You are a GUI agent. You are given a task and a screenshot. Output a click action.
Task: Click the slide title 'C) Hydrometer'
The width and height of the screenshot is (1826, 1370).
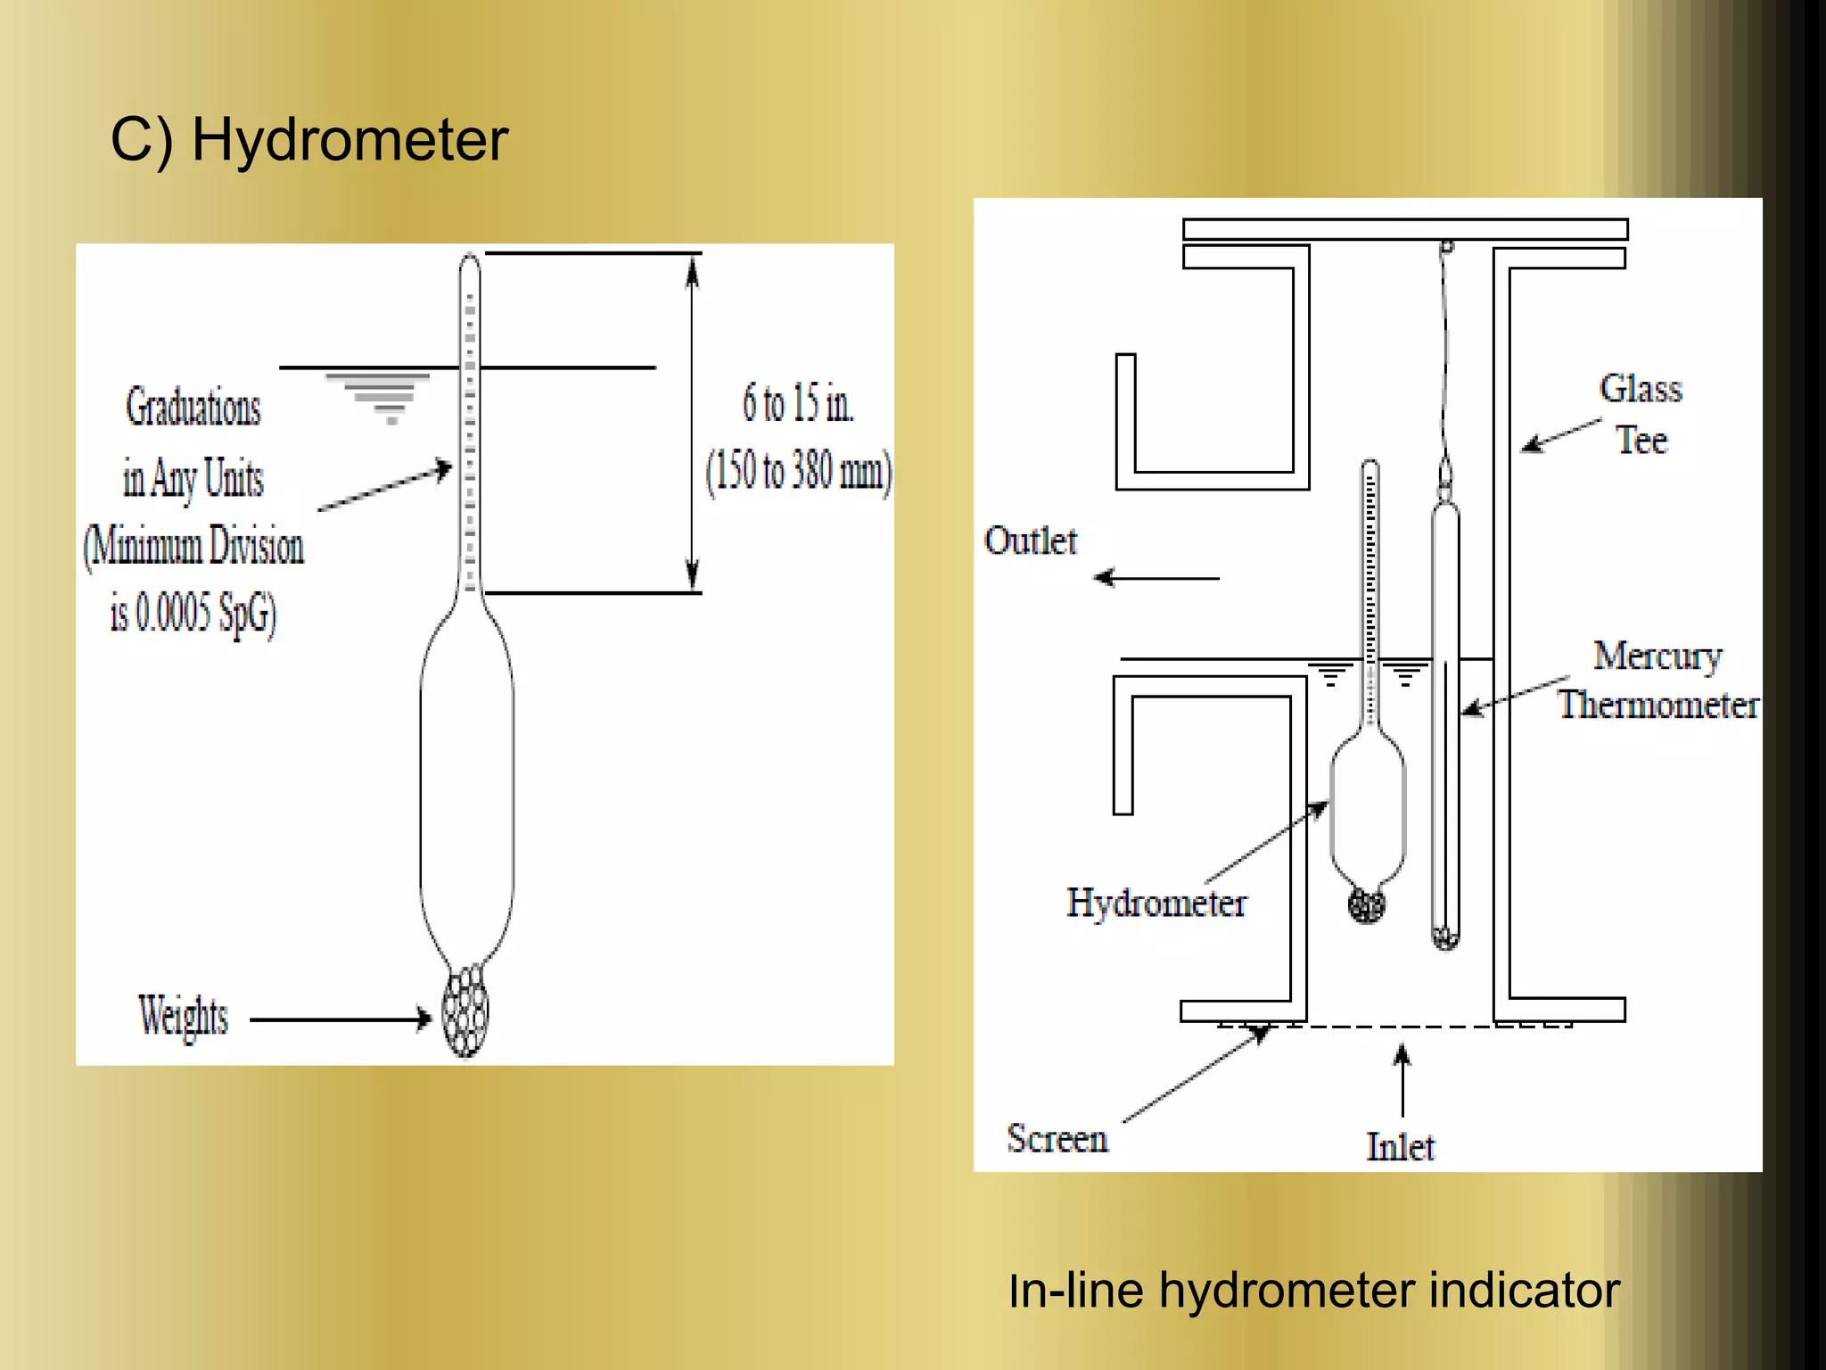click(x=308, y=140)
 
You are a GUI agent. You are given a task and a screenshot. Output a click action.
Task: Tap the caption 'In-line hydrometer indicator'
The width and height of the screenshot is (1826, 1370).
click(x=1313, y=1291)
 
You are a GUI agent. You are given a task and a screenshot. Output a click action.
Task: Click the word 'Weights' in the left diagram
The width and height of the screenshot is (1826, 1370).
click(x=184, y=1016)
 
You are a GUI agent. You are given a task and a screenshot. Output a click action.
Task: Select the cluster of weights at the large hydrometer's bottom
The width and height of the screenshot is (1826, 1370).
click(x=466, y=1012)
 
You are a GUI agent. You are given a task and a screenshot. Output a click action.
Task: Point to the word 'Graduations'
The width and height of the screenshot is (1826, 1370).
click(x=193, y=408)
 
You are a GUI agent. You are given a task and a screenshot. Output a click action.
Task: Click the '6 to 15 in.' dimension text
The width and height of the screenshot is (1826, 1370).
click(x=798, y=403)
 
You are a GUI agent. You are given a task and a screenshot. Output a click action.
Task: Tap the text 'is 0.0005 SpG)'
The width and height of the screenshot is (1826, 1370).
click(x=193, y=614)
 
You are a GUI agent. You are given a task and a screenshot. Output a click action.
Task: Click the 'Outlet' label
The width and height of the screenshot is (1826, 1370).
click(x=1031, y=541)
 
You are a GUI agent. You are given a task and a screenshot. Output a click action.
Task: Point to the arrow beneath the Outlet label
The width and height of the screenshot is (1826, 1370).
click(x=1156, y=578)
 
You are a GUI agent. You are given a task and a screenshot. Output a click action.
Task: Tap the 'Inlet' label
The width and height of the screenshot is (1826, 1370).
click(x=1401, y=1147)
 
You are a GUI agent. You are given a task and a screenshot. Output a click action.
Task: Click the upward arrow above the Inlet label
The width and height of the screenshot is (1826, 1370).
click(x=1402, y=1080)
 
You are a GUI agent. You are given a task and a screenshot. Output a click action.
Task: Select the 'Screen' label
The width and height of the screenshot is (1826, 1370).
click(x=1057, y=1139)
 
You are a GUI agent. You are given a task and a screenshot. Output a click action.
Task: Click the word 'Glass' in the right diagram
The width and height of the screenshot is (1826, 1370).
click(x=1641, y=389)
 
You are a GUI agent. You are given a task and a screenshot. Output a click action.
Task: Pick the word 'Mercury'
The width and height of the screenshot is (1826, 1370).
click(x=1657, y=656)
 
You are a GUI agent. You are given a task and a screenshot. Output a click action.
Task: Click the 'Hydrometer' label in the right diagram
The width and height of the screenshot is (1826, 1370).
click(x=1156, y=903)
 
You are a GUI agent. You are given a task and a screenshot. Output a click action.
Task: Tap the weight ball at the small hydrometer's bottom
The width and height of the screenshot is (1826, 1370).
click(x=1367, y=905)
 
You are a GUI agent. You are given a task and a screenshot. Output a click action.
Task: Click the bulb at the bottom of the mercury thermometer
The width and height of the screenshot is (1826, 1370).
click(x=1445, y=937)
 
